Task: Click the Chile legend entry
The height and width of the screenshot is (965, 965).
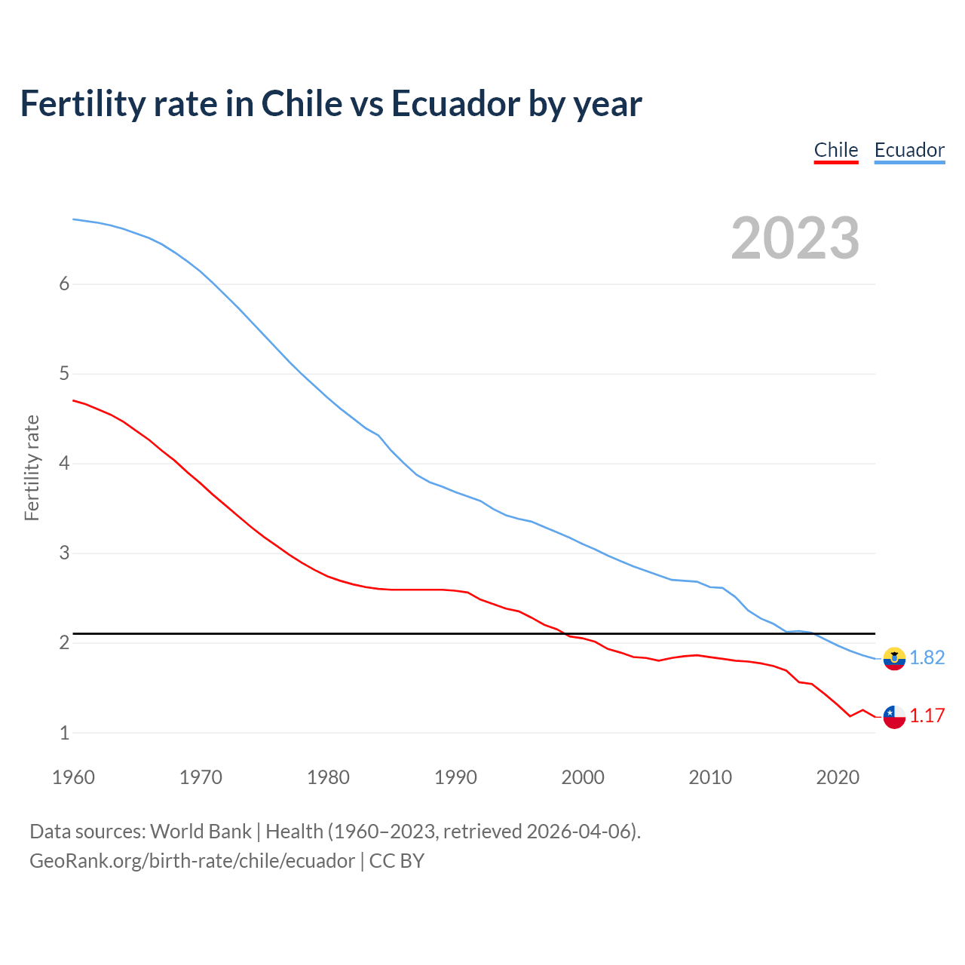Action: (836, 150)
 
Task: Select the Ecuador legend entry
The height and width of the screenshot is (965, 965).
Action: (909, 150)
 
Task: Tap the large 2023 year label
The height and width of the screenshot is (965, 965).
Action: (795, 238)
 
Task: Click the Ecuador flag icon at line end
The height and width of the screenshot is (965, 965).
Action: (894, 658)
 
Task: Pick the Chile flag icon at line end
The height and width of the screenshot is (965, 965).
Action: (894, 716)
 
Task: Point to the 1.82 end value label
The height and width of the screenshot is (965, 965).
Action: (927, 657)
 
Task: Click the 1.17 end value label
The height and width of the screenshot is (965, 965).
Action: (927, 715)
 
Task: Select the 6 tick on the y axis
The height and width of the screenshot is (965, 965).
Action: (64, 284)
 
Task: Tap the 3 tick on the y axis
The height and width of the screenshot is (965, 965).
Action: (64, 553)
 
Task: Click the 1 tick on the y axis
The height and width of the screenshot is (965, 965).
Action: (64, 733)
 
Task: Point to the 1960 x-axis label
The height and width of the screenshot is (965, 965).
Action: (73, 777)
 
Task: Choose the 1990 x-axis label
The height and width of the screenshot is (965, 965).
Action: (455, 777)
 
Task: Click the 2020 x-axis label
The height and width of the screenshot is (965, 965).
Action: (838, 777)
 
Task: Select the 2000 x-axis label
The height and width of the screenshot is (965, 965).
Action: (583, 777)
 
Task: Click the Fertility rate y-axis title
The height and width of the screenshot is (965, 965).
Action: (32, 467)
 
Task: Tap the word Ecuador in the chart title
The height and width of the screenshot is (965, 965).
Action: (455, 103)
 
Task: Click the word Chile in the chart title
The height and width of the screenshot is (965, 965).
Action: (302, 103)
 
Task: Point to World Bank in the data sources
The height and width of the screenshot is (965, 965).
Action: (201, 832)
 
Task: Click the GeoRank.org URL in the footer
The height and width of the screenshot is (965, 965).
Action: (191, 861)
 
